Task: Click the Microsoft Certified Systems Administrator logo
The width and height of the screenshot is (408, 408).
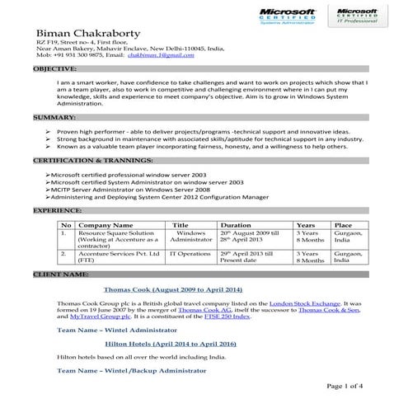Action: (288, 16)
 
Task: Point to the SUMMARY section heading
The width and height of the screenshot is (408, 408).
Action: (54, 118)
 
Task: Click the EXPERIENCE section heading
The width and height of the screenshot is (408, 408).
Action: (57, 211)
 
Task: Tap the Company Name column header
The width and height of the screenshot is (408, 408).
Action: (105, 224)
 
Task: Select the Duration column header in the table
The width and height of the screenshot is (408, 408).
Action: (236, 224)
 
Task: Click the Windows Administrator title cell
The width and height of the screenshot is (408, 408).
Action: (190, 237)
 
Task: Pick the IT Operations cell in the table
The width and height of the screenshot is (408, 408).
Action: (190, 254)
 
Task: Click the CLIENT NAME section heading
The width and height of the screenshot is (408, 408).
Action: (61, 273)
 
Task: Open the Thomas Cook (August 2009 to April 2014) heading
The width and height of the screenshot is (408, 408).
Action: (172, 289)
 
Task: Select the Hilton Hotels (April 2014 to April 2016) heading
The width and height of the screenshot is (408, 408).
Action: (171, 343)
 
